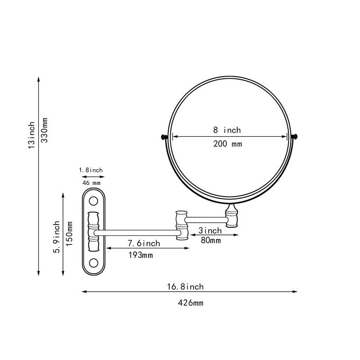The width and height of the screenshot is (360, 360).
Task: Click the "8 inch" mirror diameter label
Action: click(227, 130)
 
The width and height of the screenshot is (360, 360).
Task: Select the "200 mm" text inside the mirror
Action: click(228, 144)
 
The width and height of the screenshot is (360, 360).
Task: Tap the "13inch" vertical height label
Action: click(31, 135)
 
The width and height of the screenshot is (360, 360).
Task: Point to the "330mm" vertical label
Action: click(44, 130)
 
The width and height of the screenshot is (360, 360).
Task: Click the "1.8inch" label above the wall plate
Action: click(91, 170)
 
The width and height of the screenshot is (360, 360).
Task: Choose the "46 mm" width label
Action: click(91, 183)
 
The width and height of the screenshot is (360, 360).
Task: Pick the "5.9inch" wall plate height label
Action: click(57, 237)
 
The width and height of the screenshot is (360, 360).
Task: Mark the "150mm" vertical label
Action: click(69, 234)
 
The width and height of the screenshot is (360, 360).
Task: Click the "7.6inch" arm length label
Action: click(144, 243)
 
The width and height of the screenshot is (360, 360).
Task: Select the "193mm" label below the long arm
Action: click(140, 255)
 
